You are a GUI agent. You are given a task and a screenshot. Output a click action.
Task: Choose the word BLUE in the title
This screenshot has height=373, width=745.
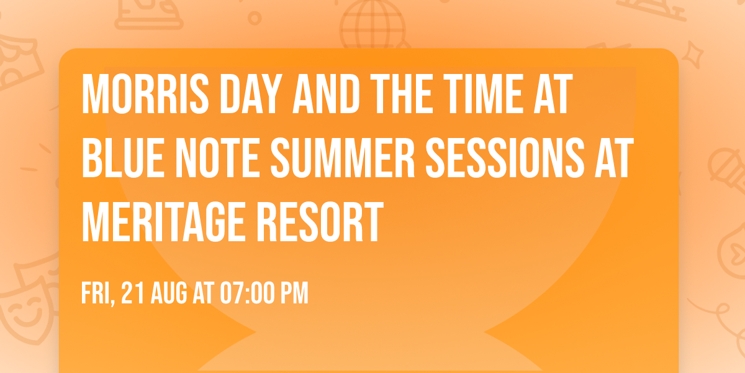121,158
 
